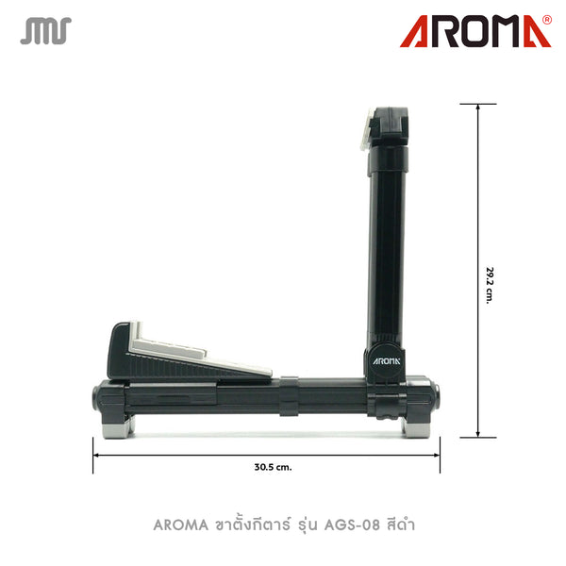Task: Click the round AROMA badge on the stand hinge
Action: pos(384,358)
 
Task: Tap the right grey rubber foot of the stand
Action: pos(415,427)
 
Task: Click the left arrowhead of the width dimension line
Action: pos(95,454)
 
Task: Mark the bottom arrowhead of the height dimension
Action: pos(479,438)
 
